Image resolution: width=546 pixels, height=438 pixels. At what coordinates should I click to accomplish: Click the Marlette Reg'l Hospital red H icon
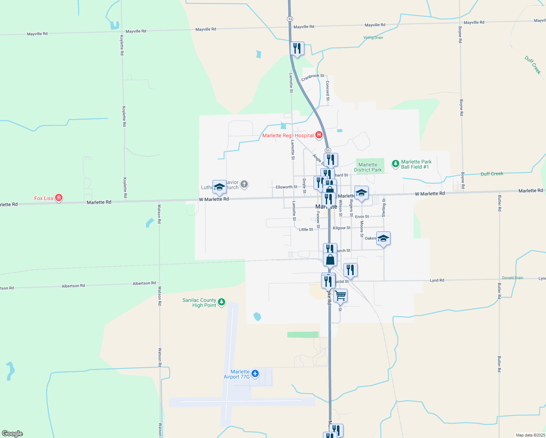click(x=319, y=135)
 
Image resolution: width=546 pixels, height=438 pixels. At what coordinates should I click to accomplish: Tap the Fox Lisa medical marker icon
click(x=59, y=198)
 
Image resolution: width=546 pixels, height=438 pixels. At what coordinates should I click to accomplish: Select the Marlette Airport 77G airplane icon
click(x=255, y=373)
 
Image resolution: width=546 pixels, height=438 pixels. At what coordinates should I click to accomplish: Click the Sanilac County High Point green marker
click(x=222, y=302)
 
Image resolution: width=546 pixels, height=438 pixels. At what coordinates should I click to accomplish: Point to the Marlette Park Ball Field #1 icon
click(x=395, y=164)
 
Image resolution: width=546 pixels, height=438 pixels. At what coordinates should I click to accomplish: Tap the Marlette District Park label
click(x=368, y=167)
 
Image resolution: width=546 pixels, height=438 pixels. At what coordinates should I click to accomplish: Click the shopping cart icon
click(x=340, y=295)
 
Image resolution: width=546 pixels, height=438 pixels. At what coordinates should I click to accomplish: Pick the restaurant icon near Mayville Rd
click(x=297, y=48)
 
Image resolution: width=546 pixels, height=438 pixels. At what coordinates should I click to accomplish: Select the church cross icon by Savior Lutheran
click(x=244, y=184)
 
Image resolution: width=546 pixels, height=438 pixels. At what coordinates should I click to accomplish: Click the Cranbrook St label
click(x=312, y=77)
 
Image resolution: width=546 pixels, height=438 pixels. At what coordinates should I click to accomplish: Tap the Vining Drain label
click(x=373, y=38)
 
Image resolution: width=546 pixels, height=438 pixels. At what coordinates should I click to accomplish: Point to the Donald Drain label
click(x=512, y=278)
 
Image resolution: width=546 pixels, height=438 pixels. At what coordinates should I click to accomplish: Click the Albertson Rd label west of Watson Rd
click(x=73, y=286)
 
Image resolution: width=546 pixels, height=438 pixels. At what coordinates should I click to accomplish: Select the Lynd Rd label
click(x=437, y=280)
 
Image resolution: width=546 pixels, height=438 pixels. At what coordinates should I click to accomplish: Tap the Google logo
click(x=12, y=434)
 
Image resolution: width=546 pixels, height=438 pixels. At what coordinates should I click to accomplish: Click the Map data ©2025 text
click(x=530, y=435)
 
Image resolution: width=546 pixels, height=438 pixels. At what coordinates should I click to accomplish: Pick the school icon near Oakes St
click(x=383, y=238)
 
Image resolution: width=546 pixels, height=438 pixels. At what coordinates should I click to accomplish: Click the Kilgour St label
click(x=342, y=228)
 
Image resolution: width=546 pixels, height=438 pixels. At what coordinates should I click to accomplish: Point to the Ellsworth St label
click(x=287, y=187)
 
